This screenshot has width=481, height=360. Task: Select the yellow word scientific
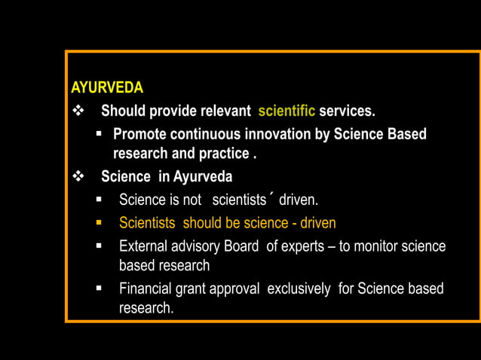[x=286, y=111]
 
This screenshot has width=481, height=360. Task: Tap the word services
[x=347, y=111]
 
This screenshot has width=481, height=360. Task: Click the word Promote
[x=140, y=134]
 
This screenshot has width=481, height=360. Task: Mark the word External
[x=143, y=246]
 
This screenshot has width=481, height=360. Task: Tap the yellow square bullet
[x=99, y=223]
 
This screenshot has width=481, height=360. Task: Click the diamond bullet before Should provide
[x=78, y=111]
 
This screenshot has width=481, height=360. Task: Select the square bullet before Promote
[x=99, y=134]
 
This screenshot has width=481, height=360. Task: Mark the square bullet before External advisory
[x=99, y=246]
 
